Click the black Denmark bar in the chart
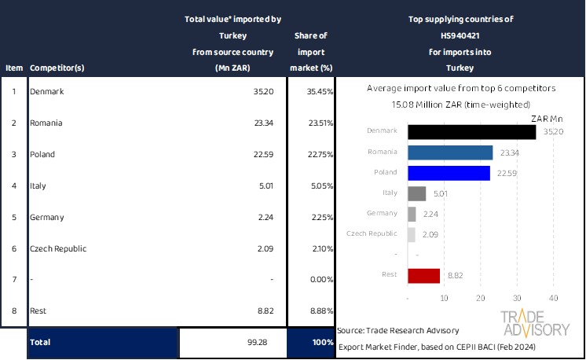tap(471, 131)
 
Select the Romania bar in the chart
tap(450, 152)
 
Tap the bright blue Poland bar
tap(449, 173)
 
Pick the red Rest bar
tap(424, 275)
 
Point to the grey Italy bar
tap(417, 193)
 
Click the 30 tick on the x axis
tap(517, 298)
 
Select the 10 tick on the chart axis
tap(445, 298)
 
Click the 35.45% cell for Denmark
tap(317, 92)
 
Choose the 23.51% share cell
tap(317, 123)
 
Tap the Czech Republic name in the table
tap(58, 248)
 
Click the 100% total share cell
tap(313, 343)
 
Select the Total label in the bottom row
tap(40, 343)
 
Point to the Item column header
tap(13, 68)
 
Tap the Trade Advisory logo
tap(535, 324)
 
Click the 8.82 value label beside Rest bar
tap(454, 275)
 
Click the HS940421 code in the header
tap(460, 35)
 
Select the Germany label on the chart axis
tap(383, 213)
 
